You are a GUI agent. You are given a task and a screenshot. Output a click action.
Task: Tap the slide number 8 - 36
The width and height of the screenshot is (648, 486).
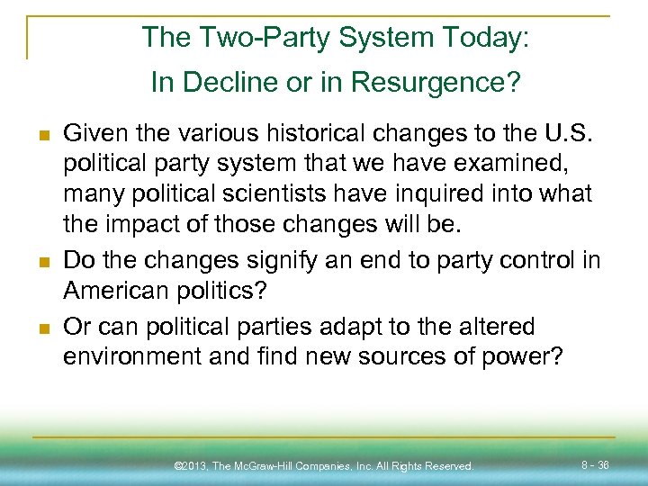596,465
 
